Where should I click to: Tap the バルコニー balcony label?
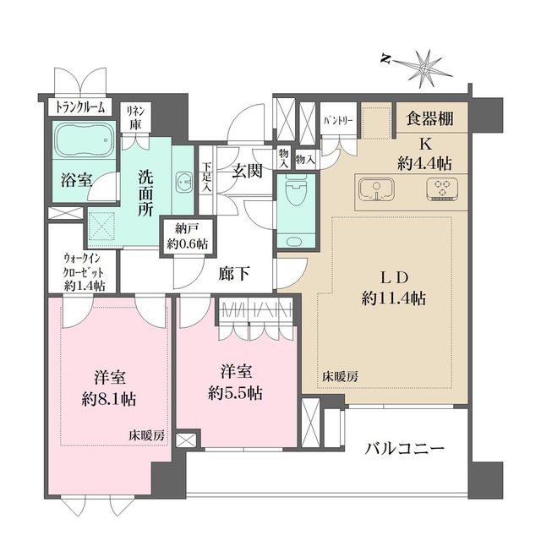405,449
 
